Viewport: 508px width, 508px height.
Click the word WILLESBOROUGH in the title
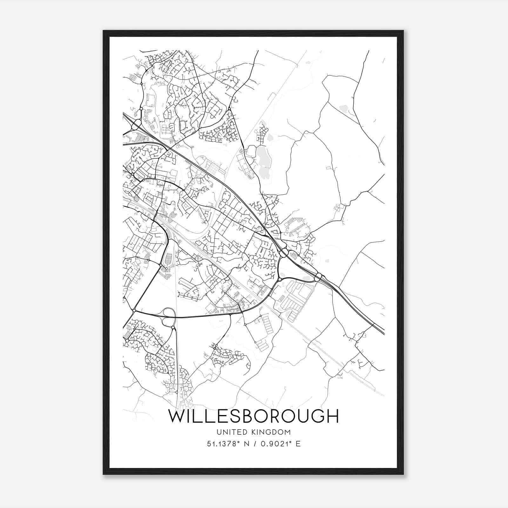click(x=253, y=416)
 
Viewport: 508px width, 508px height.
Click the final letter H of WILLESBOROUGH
click(x=333, y=416)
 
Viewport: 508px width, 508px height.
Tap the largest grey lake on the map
click(x=263, y=160)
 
